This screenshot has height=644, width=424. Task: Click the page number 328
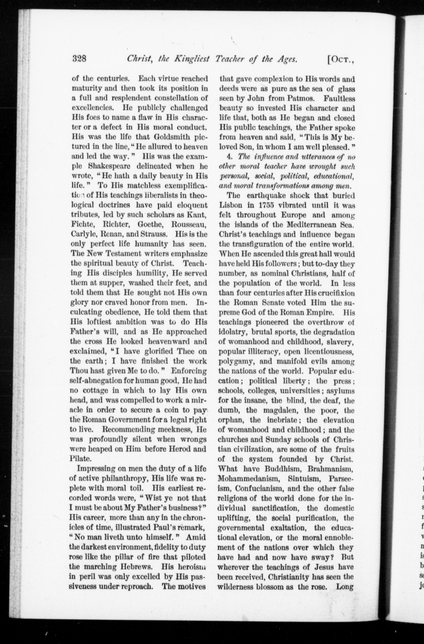tap(79, 58)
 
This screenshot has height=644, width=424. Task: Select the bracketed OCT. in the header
tap(341, 59)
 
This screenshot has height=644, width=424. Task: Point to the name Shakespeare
tap(110, 166)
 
